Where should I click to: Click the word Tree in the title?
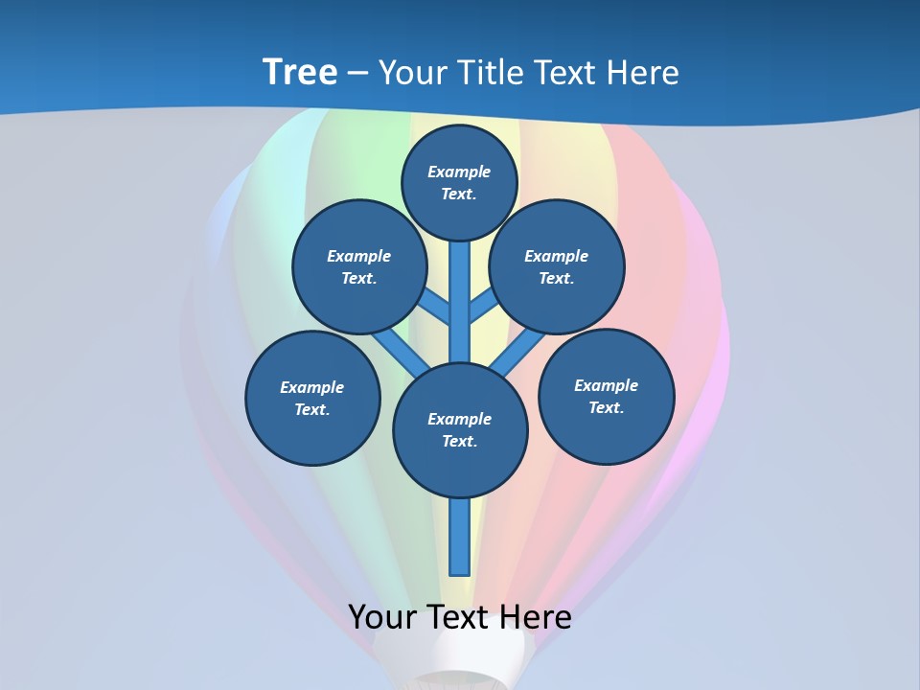(x=300, y=72)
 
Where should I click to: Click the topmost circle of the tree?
(x=459, y=182)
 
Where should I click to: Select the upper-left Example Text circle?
(x=359, y=266)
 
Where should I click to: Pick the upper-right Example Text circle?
(x=557, y=266)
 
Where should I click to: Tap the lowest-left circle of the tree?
(x=312, y=398)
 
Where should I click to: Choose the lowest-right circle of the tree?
(x=607, y=396)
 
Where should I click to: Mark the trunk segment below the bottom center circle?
(x=460, y=537)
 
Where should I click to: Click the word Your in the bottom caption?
(x=382, y=616)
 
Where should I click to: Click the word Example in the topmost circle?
(x=459, y=172)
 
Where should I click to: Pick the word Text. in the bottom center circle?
(x=459, y=441)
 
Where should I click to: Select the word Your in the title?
(x=412, y=73)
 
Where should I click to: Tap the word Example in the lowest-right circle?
(x=606, y=385)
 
